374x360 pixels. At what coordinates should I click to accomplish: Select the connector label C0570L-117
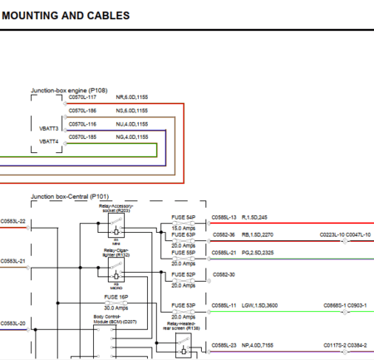(x=82, y=97)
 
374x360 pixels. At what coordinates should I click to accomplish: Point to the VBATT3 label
(x=48, y=129)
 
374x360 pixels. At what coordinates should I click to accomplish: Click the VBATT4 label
(x=48, y=141)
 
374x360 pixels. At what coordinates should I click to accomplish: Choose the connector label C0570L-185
(x=82, y=136)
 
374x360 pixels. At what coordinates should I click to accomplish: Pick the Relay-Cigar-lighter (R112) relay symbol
(x=114, y=271)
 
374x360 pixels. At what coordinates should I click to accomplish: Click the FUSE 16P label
(x=116, y=296)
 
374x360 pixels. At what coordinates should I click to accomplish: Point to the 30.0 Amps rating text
(x=116, y=308)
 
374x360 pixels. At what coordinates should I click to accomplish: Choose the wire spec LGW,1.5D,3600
(x=262, y=305)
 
